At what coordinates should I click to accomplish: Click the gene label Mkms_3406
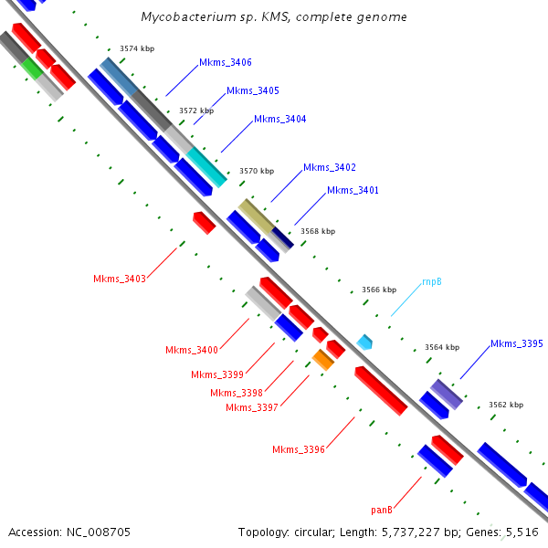tap(226, 62)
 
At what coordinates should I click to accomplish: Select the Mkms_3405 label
tap(253, 90)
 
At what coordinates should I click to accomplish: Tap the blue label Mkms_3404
tap(279, 119)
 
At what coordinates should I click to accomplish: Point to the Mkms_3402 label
tap(329, 167)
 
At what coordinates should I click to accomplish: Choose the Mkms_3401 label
tap(353, 190)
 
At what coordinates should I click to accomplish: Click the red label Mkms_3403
tap(120, 279)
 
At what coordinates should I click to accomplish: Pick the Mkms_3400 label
tap(192, 350)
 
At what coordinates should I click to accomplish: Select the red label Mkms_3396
tap(299, 448)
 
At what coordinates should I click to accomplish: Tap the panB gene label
tap(382, 509)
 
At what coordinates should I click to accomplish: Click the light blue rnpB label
tap(432, 282)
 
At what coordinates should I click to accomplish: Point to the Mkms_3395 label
tap(517, 343)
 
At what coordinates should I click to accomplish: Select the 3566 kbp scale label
tap(379, 290)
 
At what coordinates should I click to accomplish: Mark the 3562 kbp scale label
tap(505, 404)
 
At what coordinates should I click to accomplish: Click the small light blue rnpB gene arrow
tap(365, 342)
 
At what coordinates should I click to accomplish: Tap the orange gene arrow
tap(323, 359)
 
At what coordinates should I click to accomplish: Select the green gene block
tap(32, 67)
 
